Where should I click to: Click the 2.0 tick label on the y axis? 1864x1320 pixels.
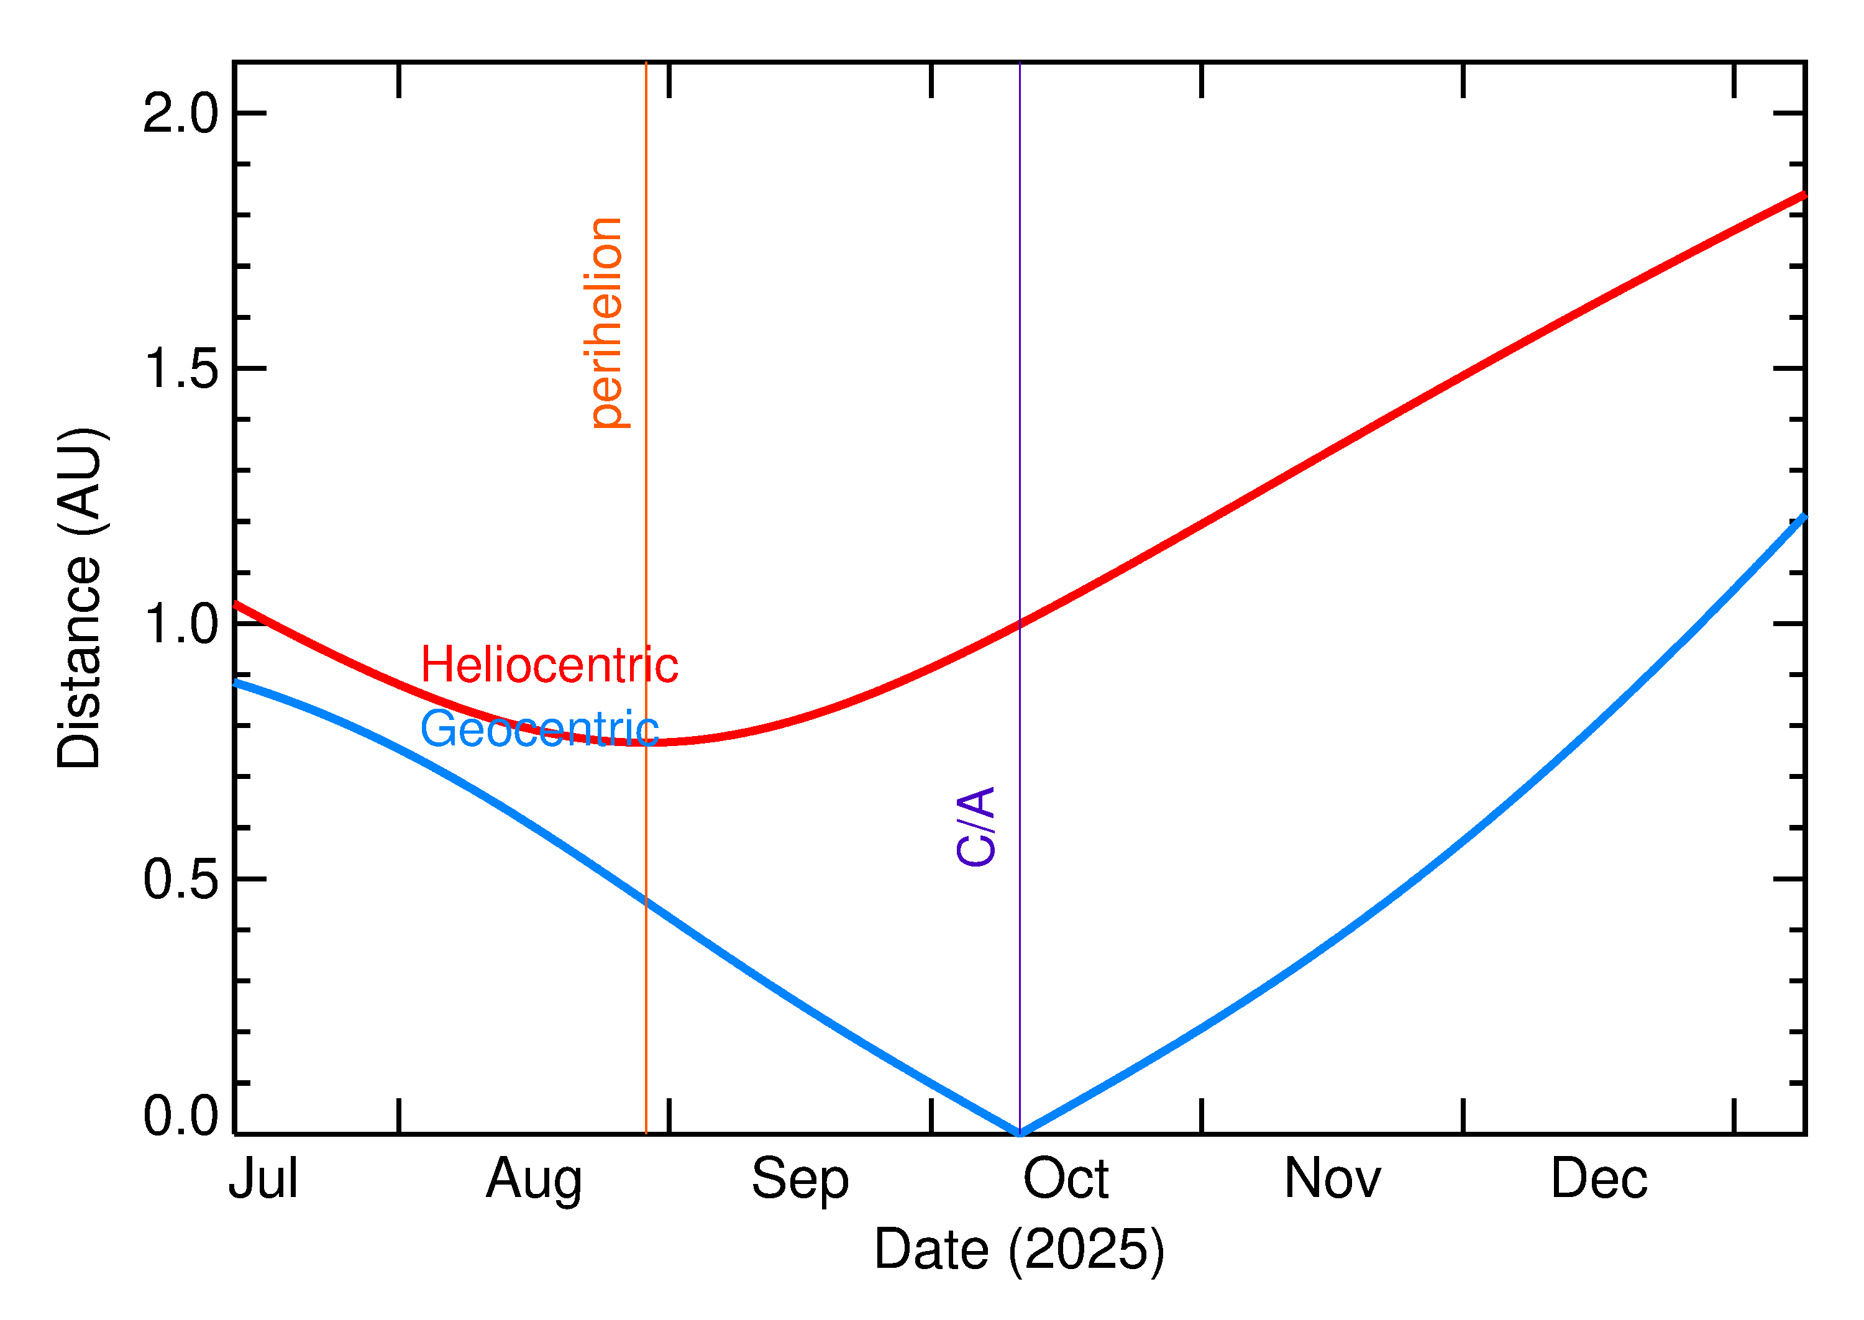point(180,113)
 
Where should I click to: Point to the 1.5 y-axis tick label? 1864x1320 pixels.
point(180,368)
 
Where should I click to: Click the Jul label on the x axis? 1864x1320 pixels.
point(263,1178)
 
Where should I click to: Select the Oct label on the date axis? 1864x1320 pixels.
point(1066,1178)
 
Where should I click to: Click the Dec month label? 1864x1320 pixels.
point(1599,1178)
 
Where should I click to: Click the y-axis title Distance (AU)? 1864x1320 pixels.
point(80,598)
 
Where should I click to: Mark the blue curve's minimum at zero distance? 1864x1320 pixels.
point(1020,1133)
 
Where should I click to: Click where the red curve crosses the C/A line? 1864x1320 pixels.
point(1020,624)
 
